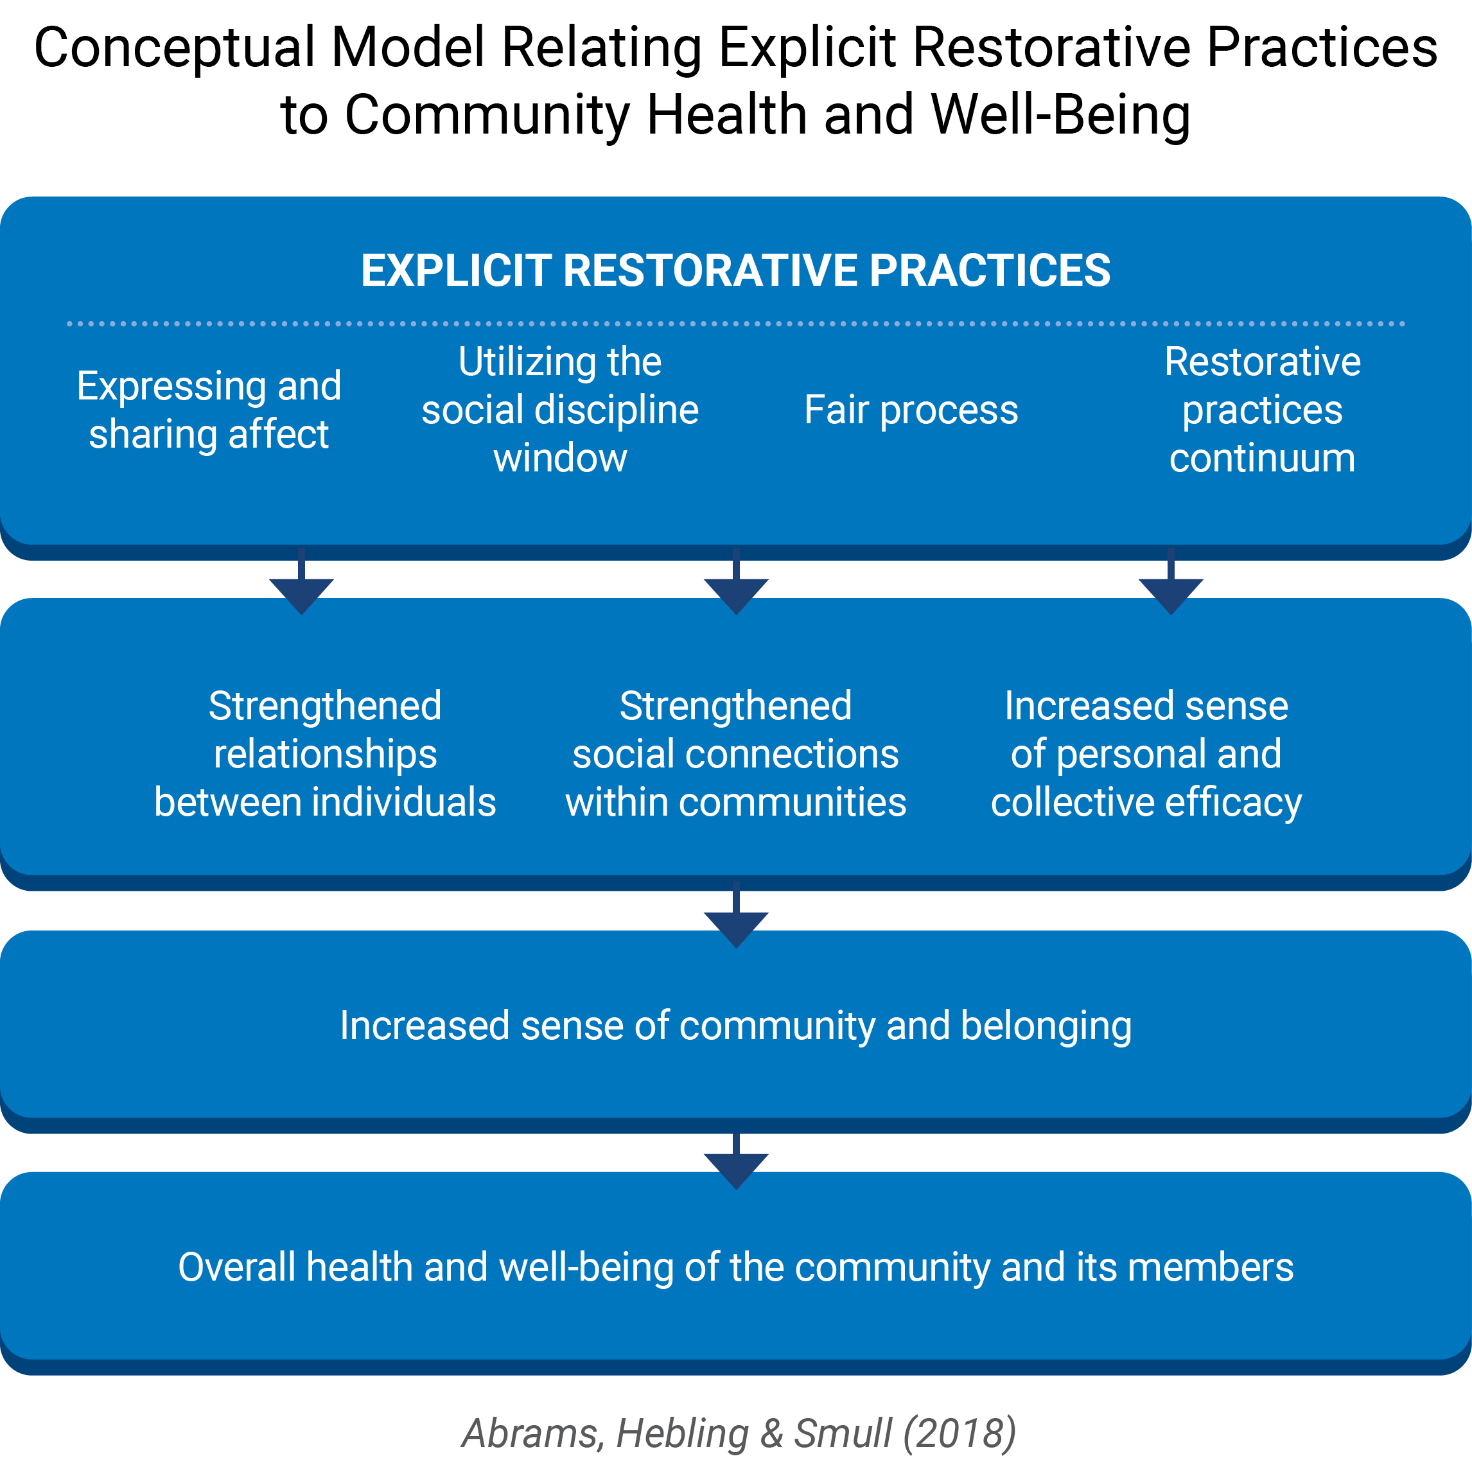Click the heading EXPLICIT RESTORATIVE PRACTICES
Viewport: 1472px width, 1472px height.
pos(735,270)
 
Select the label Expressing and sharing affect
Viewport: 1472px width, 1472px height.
pos(209,410)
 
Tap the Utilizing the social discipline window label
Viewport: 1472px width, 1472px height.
pos(560,410)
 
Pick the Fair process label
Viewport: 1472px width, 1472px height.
pos(911,410)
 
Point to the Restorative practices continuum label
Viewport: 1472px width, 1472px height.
pos(1263,410)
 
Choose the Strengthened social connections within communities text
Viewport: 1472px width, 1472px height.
pos(736,754)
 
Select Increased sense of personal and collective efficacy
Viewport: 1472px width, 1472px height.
pos(1146,754)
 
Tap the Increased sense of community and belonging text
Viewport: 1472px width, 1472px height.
pos(736,1026)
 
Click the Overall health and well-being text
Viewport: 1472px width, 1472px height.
pos(736,1267)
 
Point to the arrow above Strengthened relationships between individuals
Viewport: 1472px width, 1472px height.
pos(302,581)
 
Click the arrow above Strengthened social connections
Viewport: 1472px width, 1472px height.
pos(736,581)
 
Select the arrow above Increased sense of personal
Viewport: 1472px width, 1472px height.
pos(1171,581)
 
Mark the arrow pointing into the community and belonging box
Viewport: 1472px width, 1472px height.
pos(736,915)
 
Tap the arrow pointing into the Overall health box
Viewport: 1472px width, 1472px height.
pos(736,1162)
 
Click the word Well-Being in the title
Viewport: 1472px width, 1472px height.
pos(1060,116)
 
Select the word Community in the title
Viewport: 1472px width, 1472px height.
pos(487,116)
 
